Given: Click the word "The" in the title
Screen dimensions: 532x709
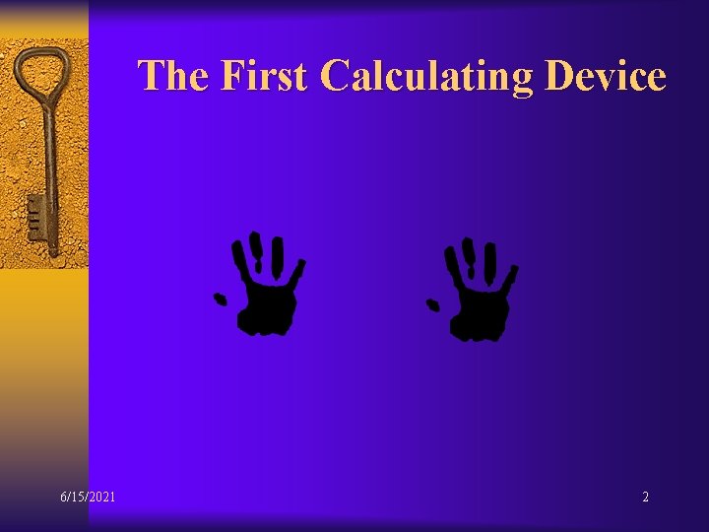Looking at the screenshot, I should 172,75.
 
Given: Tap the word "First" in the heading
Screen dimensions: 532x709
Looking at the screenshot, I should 264,75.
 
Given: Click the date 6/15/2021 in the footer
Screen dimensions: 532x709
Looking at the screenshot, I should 87,497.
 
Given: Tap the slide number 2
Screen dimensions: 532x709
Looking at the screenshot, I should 645,497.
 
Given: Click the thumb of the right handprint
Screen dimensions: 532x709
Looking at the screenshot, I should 431,305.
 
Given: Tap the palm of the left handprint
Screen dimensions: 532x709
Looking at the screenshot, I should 266,307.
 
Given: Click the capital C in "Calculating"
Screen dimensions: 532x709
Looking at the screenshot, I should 336,76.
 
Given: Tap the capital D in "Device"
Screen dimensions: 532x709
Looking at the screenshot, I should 558,75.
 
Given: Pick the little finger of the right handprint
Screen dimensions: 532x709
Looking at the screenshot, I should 511,275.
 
